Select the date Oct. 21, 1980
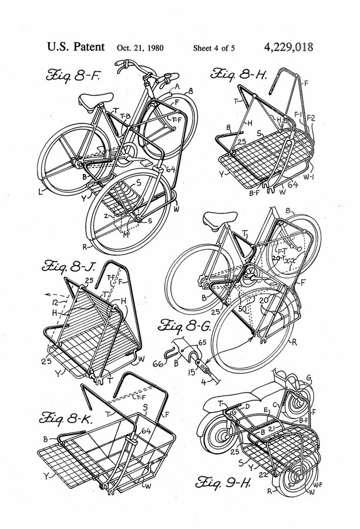point(142,48)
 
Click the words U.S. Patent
point(73,48)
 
